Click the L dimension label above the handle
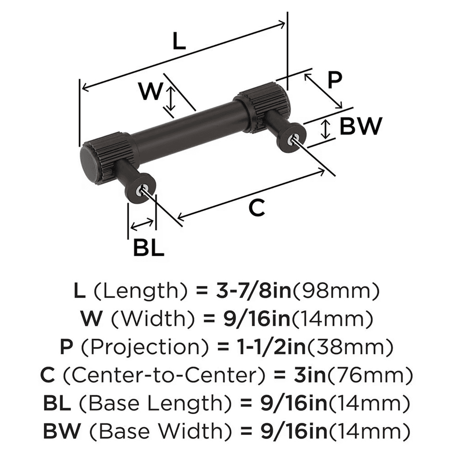[179, 42]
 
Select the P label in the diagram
[334, 81]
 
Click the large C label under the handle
[256, 208]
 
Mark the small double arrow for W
[170, 100]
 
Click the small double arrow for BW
[325, 129]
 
